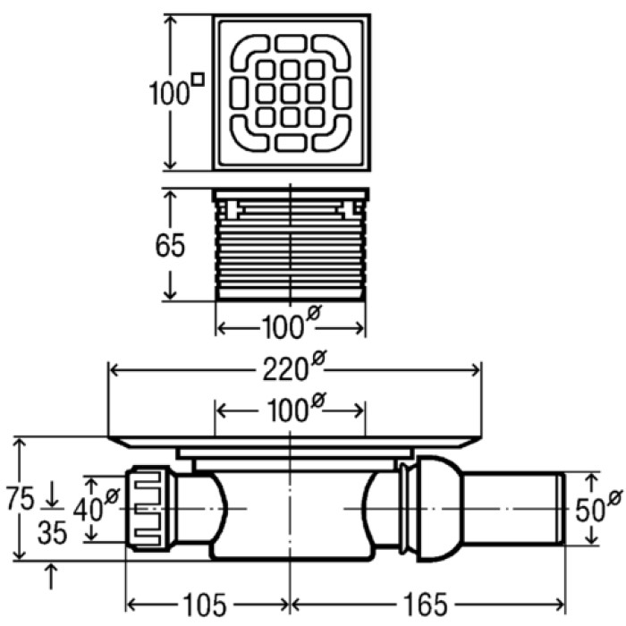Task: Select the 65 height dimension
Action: click(x=170, y=245)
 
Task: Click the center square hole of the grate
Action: click(x=290, y=92)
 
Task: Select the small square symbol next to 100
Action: click(x=198, y=79)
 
